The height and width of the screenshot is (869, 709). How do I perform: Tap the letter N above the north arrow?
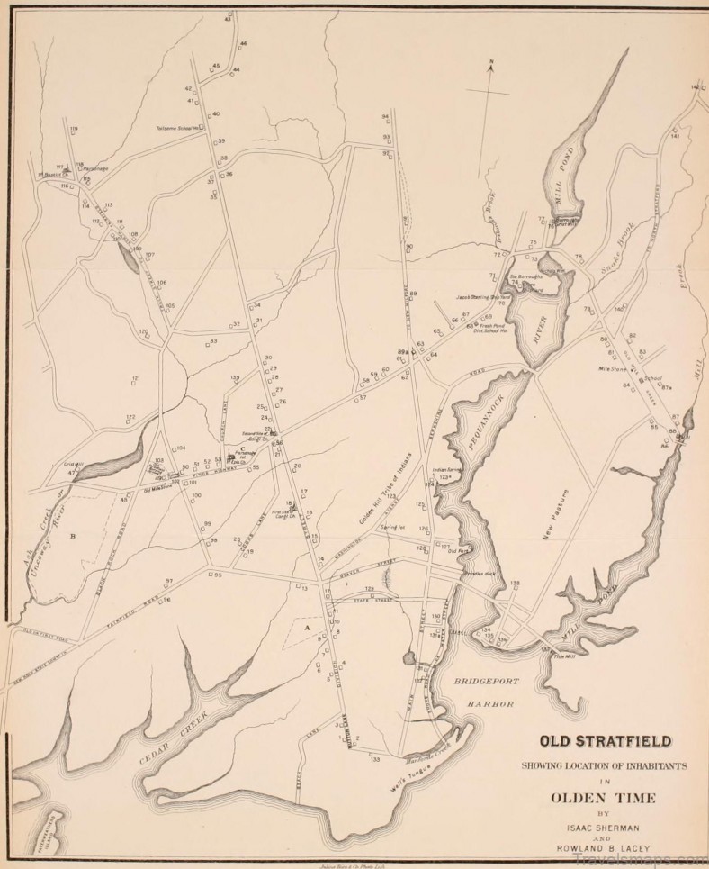pos(492,65)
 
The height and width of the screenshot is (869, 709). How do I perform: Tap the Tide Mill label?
pos(563,658)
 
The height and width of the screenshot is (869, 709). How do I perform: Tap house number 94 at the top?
pos(385,117)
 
